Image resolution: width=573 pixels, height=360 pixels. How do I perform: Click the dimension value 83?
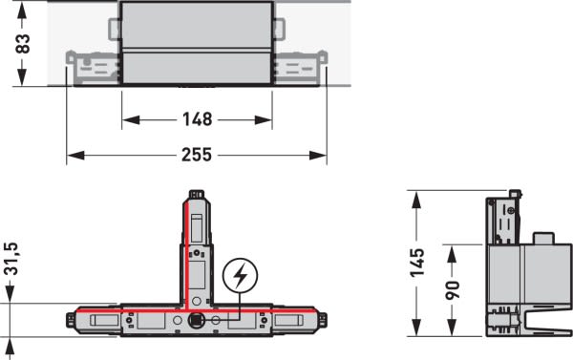click(23, 44)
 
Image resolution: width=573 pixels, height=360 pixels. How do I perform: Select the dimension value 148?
click(198, 119)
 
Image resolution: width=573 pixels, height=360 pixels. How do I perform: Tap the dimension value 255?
click(197, 155)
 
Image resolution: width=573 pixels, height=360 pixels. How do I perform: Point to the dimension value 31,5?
click(11, 259)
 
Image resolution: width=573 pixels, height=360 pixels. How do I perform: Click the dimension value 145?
click(417, 263)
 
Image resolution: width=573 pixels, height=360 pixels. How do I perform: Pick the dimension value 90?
click(453, 290)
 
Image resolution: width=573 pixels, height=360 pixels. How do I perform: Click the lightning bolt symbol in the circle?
click(240, 276)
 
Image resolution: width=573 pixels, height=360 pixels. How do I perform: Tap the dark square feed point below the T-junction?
click(196, 321)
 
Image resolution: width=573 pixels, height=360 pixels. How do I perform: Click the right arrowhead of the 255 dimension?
click(318, 156)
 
